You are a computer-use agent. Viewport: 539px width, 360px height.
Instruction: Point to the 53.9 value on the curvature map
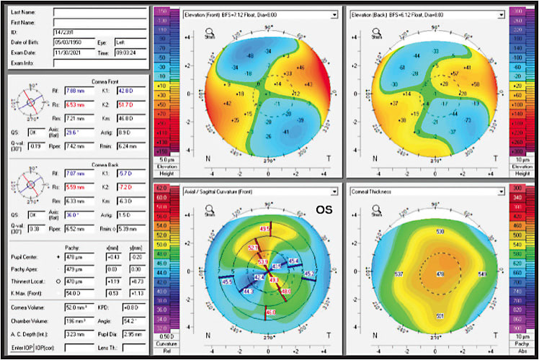(x=263, y=261)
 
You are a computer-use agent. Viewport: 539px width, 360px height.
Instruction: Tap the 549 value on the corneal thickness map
(x=482, y=274)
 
